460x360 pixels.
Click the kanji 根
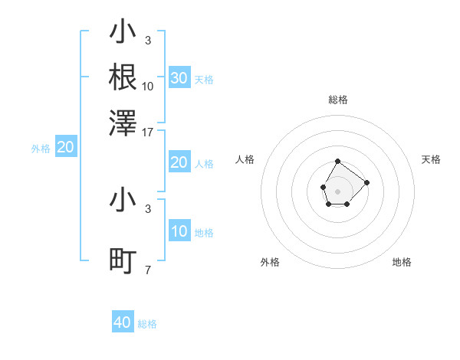click(x=123, y=77)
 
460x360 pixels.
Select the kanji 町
click(x=123, y=262)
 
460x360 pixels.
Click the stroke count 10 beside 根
click(x=148, y=86)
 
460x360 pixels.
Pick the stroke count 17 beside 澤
click(x=148, y=132)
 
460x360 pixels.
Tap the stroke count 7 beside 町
click(x=148, y=270)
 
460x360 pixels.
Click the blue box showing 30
click(x=179, y=78)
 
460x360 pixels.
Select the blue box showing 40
click(x=123, y=322)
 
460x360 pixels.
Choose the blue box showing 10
click(x=179, y=231)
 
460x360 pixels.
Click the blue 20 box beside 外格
click(x=66, y=148)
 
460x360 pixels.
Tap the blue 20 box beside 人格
click(x=179, y=162)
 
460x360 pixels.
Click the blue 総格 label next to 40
click(x=147, y=324)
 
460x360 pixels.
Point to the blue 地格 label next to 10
click(x=204, y=233)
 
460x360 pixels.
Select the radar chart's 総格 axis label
click(x=338, y=100)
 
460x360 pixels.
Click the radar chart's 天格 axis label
click(x=432, y=159)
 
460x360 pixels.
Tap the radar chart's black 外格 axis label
click(x=270, y=262)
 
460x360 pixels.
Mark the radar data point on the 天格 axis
click(x=366, y=182)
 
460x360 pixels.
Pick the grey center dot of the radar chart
click(x=338, y=191)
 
